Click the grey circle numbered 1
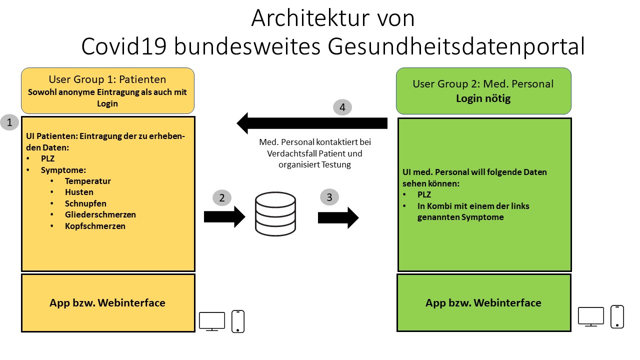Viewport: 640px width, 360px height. (9, 122)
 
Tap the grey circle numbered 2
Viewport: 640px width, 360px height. (222, 197)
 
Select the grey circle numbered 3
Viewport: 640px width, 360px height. (329, 197)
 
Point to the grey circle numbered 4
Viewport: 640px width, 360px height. (342, 107)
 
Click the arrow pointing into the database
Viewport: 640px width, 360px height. (224, 217)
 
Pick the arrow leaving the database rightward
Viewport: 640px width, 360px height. (338, 217)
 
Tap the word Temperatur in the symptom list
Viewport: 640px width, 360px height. (87, 181)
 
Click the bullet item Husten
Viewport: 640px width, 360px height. (79, 192)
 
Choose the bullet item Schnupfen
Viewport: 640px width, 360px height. (85, 203)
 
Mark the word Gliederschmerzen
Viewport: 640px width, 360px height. (100, 214)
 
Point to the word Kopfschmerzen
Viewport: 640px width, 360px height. (95, 226)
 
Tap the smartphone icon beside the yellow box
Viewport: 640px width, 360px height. (238, 321)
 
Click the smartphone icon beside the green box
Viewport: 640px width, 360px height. (617, 317)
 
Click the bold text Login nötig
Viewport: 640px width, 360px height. (483, 98)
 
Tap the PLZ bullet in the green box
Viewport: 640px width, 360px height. (424, 194)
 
